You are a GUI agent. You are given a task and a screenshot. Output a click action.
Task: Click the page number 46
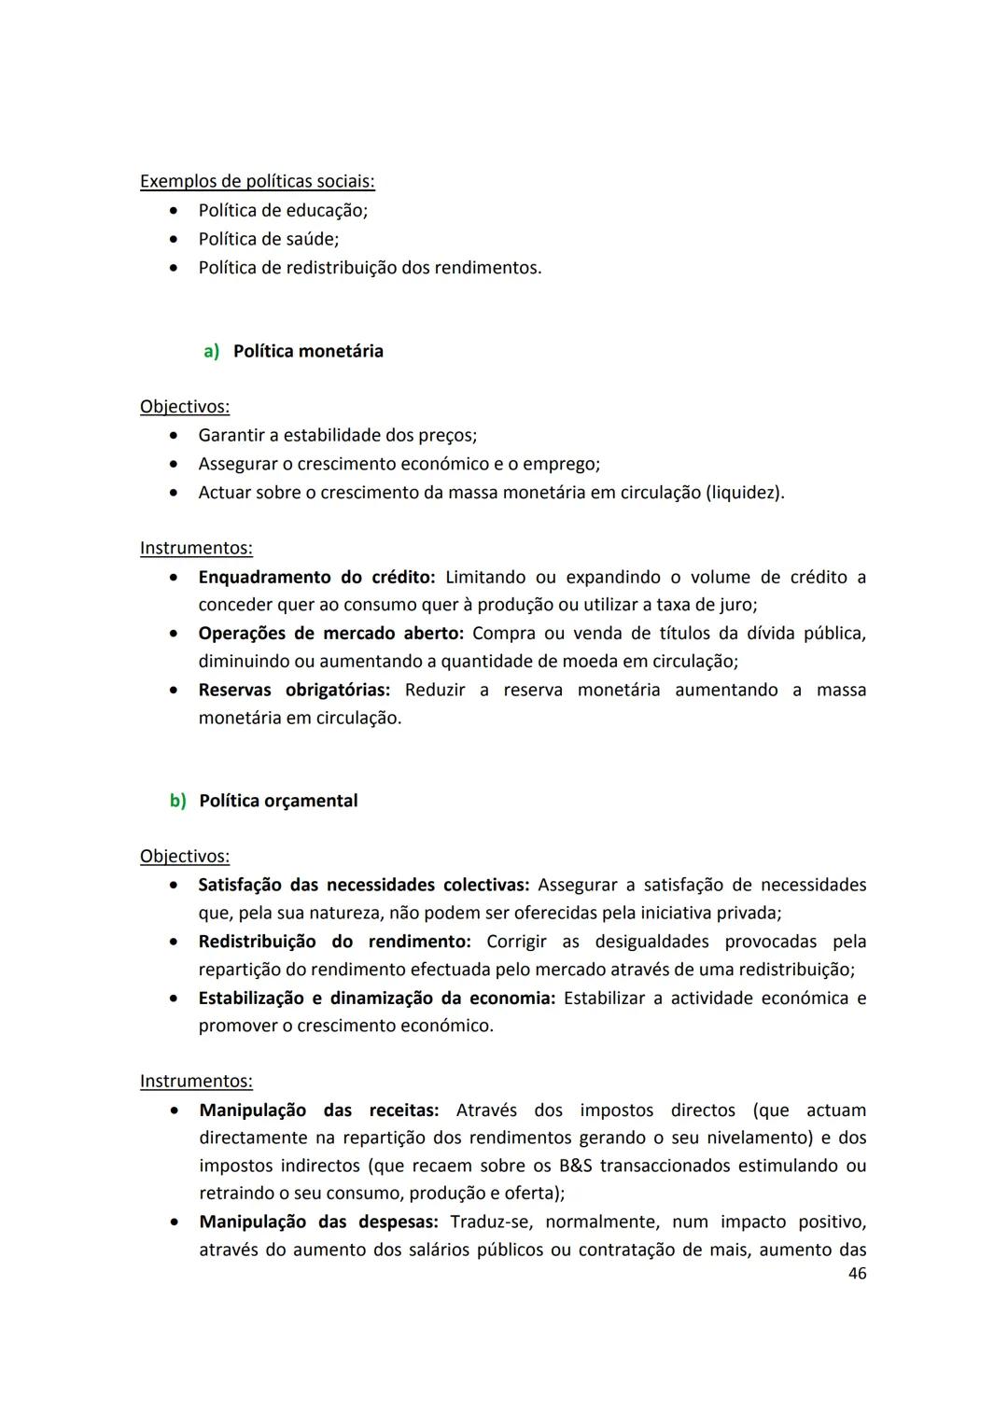(x=857, y=1274)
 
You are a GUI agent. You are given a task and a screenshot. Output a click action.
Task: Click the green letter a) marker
(x=212, y=352)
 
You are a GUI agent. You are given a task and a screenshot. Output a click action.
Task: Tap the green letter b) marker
(x=177, y=802)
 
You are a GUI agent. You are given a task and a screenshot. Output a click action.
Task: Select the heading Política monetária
(x=308, y=352)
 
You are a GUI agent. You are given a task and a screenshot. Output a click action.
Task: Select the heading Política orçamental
(x=278, y=802)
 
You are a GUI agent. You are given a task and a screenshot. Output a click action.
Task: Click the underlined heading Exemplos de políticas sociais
(x=258, y=182)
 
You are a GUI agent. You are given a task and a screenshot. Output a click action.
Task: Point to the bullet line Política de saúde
(x=269, y=240)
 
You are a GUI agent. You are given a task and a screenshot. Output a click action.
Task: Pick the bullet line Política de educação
(x=283, y=211)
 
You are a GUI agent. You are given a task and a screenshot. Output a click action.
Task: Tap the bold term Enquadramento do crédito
(x=316, y=578)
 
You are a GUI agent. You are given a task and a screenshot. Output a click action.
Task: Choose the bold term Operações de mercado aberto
(x=330, y=634)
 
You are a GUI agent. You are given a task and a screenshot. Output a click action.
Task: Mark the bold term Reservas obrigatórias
(x=294, y=691)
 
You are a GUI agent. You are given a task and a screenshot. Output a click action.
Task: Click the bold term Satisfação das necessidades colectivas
(x=363, y=886)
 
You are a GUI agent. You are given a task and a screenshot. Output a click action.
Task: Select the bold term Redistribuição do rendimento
(x=334, y=943)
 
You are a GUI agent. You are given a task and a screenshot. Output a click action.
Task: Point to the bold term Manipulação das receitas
(x=318, y=1111)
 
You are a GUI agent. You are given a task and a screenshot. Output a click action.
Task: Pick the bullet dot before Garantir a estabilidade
(x=174, y=436)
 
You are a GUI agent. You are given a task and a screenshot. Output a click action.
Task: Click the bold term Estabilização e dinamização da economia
(x=376, y=999)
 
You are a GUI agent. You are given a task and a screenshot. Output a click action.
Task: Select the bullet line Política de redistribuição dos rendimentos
(x=370, y=269)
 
